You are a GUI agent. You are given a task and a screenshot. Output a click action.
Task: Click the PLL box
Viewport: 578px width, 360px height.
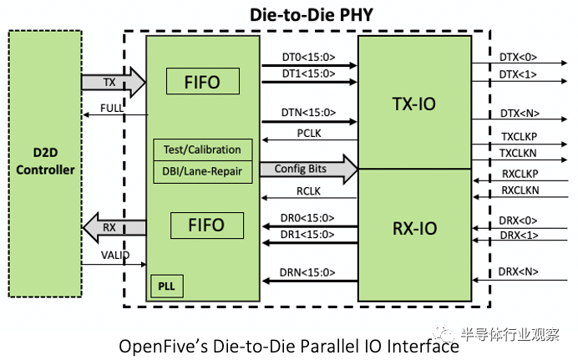(x=167, y=286)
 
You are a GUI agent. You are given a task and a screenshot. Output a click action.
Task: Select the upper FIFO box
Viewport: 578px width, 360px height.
(x=203, y=81)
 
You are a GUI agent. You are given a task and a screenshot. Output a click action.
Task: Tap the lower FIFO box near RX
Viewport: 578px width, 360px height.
(x=207, y=226)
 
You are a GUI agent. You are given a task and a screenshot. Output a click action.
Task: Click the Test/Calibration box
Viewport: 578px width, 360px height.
(x=203, y=150)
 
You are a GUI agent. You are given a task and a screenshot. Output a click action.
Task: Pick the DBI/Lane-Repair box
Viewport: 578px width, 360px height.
(x=203, y=172)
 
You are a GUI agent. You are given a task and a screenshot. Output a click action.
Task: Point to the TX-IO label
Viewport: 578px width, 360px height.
(x=414, y=104)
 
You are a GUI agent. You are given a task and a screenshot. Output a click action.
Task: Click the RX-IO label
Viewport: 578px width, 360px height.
(x=414, y=229)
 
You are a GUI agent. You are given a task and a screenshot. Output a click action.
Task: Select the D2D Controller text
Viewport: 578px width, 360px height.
(x=45, y=161)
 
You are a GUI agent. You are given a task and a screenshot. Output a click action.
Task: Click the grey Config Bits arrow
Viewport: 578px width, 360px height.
(x=308, y=169)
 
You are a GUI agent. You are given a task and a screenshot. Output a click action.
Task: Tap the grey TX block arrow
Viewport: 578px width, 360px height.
(x=114, y=82)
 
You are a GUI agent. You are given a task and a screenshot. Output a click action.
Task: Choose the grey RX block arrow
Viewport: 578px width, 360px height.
(x=114, y=227)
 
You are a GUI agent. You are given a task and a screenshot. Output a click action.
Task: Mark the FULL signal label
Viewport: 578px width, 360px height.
(x=112, y=109)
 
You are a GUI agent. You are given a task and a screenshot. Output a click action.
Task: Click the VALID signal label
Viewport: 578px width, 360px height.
(x=115, y=255)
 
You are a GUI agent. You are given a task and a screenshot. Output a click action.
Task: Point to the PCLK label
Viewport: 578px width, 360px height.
(x=309, y=134)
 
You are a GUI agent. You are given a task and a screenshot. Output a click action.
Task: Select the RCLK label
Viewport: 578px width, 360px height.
(x=308, y=191)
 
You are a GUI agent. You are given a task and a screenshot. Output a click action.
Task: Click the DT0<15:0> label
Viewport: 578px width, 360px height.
(x=308, y=58)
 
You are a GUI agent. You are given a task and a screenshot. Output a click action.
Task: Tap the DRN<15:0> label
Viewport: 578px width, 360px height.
(x=307, y=272)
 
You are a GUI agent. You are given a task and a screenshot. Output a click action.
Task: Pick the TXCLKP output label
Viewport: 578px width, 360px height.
(x=519, y=137)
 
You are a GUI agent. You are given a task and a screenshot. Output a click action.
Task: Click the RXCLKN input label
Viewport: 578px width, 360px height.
(x=520, y=190)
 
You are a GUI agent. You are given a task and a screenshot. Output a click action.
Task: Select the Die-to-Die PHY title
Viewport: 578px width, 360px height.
(x=312, y=15)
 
